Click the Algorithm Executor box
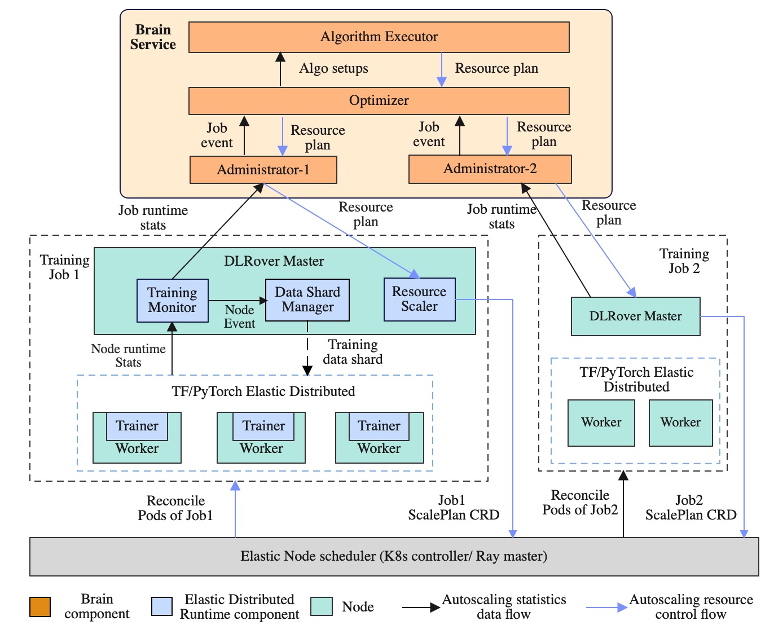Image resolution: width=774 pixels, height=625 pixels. (379, 37)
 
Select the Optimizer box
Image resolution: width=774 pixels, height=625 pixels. (379, 101)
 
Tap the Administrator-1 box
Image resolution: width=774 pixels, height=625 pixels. (263, 170)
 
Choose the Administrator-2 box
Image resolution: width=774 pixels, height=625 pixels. (490, 169)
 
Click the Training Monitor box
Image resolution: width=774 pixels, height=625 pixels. (172, 300)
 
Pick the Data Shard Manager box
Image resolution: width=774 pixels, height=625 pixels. (307, 300)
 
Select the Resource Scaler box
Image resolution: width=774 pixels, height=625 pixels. (419, 299)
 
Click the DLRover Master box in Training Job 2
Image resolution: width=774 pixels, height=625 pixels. (635, 316)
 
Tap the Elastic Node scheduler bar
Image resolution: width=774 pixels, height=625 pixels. (394, 556)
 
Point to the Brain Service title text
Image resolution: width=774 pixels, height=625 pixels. (153, 37)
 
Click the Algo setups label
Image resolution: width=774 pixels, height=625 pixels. (333, 69)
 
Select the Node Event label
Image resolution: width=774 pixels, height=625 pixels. (239, 316)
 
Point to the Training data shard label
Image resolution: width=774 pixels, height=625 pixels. (353, 352)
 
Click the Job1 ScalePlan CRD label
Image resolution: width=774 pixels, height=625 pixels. (454, 508)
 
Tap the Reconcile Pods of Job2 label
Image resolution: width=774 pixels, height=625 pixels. (580, 503)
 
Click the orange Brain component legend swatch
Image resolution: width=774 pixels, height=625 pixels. (40, 607)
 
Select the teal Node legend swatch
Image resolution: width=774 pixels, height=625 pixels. (322, 607)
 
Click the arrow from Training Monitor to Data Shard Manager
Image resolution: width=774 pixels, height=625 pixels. (237, 301)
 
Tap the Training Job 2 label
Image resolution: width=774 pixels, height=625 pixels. (684, 261)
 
